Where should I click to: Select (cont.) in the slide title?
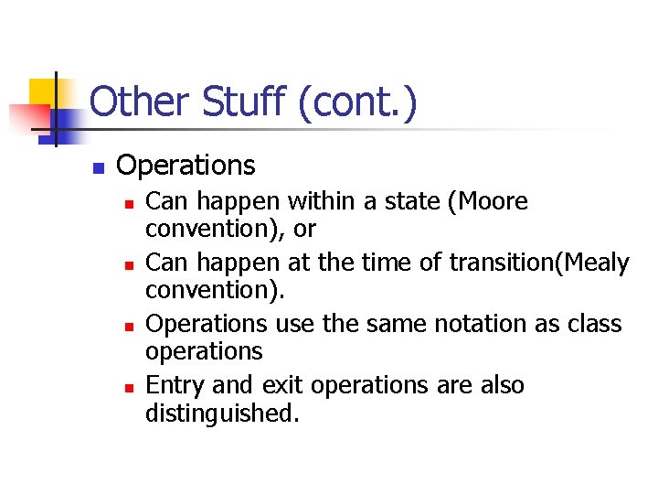357,102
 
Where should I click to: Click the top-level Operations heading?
186,166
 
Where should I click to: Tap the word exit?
281,386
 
